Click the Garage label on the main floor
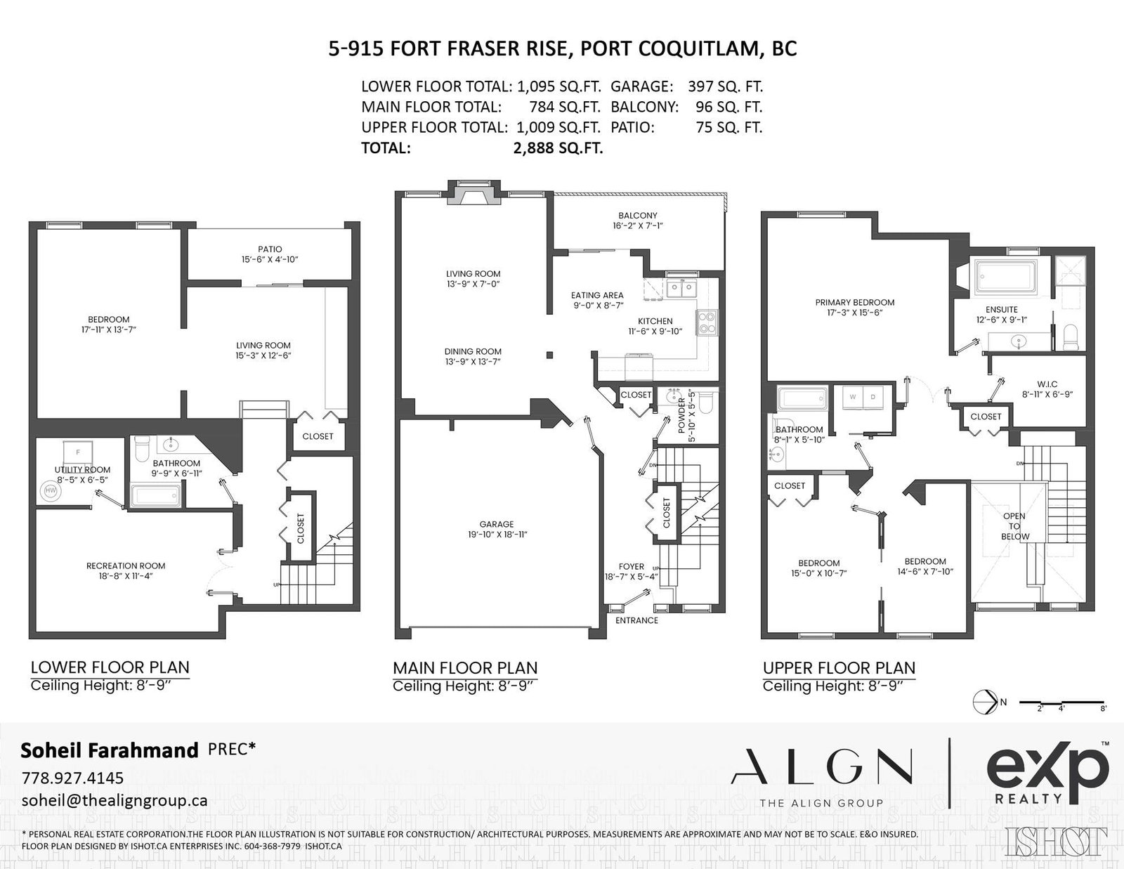coord(497,524)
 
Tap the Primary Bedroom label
coord(854,303)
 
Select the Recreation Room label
coord(126,566)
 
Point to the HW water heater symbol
coord(51,491)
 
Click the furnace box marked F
coord(78,452)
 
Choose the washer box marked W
coord(852,397)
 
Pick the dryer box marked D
coord(873,397)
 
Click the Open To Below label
coord(1014,526)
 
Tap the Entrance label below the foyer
coord(636,621)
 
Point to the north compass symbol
coord(986,702)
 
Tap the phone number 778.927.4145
coord(72,778)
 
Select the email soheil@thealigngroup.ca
coord(115,801)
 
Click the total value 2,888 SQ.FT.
coord(558,148)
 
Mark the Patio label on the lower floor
coord(270,249)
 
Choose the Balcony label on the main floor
coord(638,216)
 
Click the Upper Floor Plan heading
coord(839,668)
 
